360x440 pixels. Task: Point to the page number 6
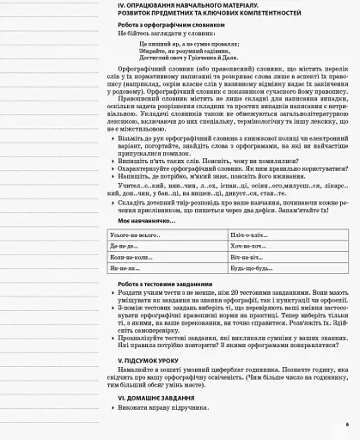click(347, 425)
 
